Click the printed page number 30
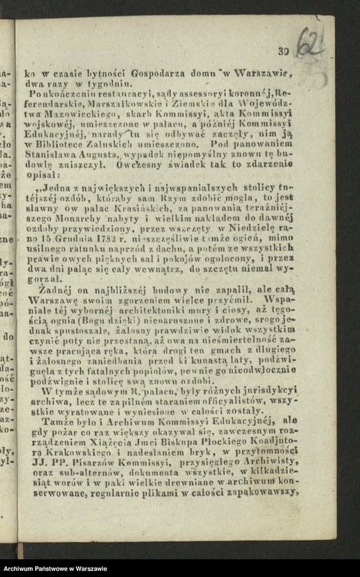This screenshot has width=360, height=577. [282, 50]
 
